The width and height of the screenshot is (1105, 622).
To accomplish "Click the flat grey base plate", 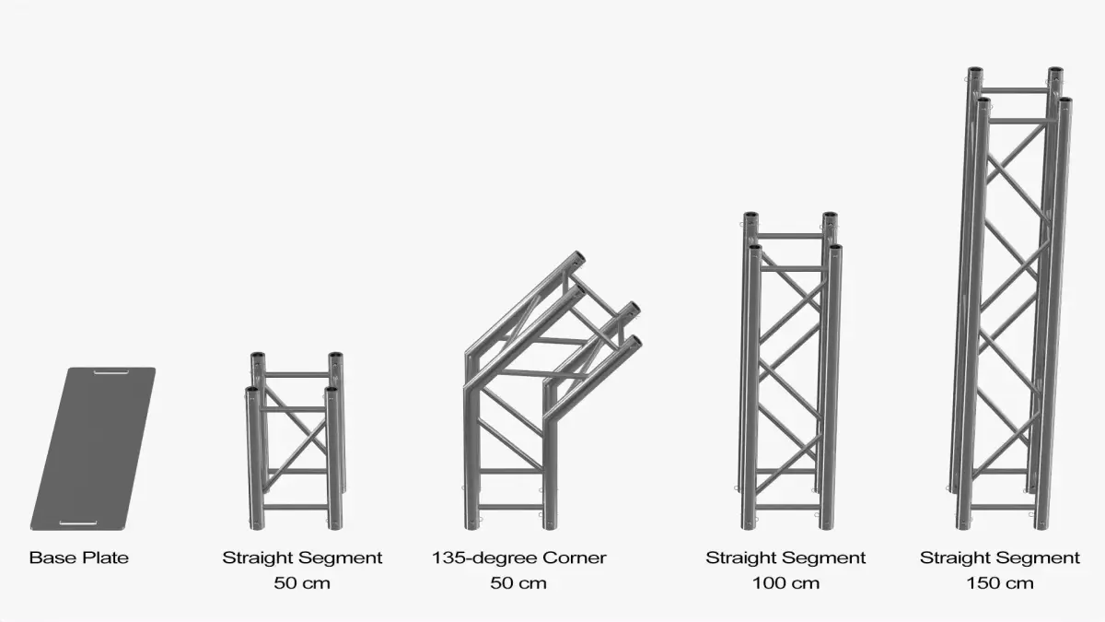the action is click(x=93, y=448).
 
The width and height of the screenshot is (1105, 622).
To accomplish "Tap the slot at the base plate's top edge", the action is click(x=111, y=371).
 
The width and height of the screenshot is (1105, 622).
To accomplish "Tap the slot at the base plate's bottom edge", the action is click(x=78, y=522).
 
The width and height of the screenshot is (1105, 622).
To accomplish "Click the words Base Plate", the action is click(x=79, y=557).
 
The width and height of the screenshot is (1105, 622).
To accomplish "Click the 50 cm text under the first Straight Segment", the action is click(x=302, y=583).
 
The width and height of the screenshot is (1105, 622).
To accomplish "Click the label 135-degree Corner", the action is click(x=519, y=557).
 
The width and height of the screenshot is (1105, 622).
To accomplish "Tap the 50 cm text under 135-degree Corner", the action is click(x=518, y=583).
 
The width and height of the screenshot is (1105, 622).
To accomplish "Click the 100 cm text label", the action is click(x=785, y=583).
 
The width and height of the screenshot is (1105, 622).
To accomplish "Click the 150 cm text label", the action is click(x=1000, y=583).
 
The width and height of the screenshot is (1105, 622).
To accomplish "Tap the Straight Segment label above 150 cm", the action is click(x=1000, y=557).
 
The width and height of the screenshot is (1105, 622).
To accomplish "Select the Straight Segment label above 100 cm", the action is click(x=785, y=557).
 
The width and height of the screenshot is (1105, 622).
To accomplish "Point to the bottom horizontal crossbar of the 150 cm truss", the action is click(x=1003, y=507).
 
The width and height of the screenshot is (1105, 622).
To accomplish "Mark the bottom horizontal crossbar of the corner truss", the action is click(x=510, y=507).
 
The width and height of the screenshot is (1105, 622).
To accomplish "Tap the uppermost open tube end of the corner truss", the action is click(x=578, y=258).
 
